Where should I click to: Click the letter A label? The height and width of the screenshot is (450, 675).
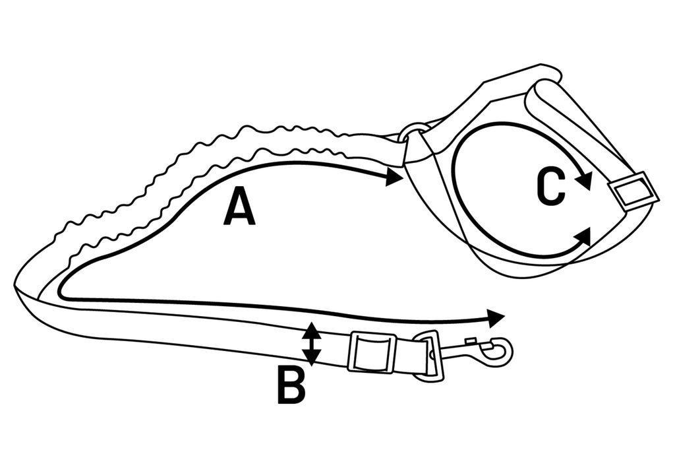239,207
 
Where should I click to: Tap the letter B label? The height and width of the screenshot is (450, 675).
291,386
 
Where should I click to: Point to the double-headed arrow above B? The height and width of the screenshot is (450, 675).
311,344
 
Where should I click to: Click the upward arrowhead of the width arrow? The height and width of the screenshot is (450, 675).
311,330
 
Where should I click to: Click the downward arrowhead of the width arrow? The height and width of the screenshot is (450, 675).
311,358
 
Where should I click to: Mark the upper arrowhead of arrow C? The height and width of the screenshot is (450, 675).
584,179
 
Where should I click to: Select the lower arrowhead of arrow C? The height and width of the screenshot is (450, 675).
583,236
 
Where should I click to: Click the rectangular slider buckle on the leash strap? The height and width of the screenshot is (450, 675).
372,352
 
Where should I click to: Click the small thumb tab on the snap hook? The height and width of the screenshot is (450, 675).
470,341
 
